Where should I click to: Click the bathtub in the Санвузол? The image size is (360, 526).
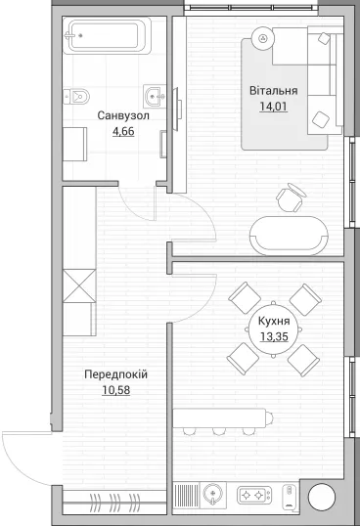pos(107,35)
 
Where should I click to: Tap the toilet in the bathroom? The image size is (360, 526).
pos(76,97)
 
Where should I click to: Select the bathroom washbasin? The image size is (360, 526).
pos(155,97)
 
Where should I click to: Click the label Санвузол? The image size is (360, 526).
pos(123,116)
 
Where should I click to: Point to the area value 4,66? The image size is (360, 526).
pos(123,131)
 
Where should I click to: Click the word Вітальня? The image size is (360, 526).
pos(274,91)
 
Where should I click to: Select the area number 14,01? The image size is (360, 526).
pos(274,107)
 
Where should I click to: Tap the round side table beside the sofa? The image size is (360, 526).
pos(263,38)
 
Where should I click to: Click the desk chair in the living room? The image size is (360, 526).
pos(291,197)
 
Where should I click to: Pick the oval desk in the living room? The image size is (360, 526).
pos(289,236)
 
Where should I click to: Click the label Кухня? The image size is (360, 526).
pos(274,321)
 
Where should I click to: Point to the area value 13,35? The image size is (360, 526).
pos(274,336)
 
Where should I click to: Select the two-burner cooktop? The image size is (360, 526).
pos(254,495)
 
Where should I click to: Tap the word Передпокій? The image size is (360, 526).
pos(115,374)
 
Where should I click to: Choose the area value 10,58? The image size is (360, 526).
pos(115,390)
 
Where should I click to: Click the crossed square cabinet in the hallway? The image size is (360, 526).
pos(79,285)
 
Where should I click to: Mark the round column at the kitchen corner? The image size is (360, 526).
pos(322,498)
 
